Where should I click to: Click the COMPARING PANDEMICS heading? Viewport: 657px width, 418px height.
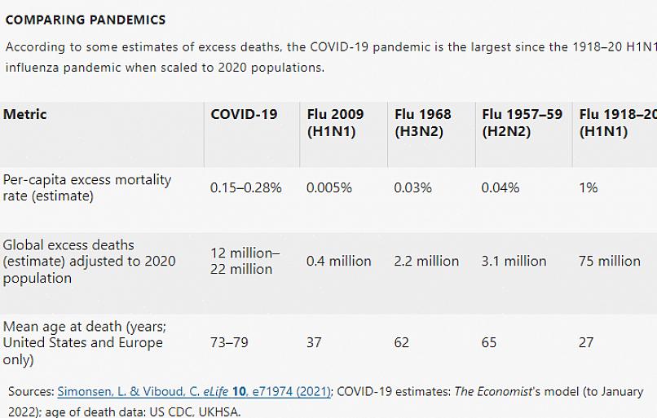point(85,20)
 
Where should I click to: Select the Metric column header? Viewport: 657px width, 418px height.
point(25,115)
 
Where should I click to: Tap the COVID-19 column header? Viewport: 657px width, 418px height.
point(244,115)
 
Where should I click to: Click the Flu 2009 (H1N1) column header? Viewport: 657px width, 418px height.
point(335,123)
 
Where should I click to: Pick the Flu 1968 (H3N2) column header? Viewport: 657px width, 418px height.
point(422,123)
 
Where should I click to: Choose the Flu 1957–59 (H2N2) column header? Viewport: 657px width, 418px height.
point(522,123)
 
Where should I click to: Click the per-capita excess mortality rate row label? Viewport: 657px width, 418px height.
point(86,187)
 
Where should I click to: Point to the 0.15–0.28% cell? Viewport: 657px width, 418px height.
point(245,188)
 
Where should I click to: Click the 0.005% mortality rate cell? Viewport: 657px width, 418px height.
point(329,188)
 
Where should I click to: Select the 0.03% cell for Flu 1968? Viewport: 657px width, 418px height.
point(412,188)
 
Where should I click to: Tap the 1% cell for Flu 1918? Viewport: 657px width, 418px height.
point(588,188)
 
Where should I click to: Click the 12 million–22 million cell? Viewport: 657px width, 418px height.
point(245,261)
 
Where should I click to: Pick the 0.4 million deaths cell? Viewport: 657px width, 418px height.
point(338,262)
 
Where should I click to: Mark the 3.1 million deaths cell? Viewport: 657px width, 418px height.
point(514,262)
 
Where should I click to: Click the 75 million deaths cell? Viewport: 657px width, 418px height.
point(610,262)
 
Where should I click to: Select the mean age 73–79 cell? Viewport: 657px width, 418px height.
point(229,343)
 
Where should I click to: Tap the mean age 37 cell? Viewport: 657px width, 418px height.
point(314,343)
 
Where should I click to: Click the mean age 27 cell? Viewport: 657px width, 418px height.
point(586,343)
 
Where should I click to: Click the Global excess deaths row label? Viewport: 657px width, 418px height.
point(89,261)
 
